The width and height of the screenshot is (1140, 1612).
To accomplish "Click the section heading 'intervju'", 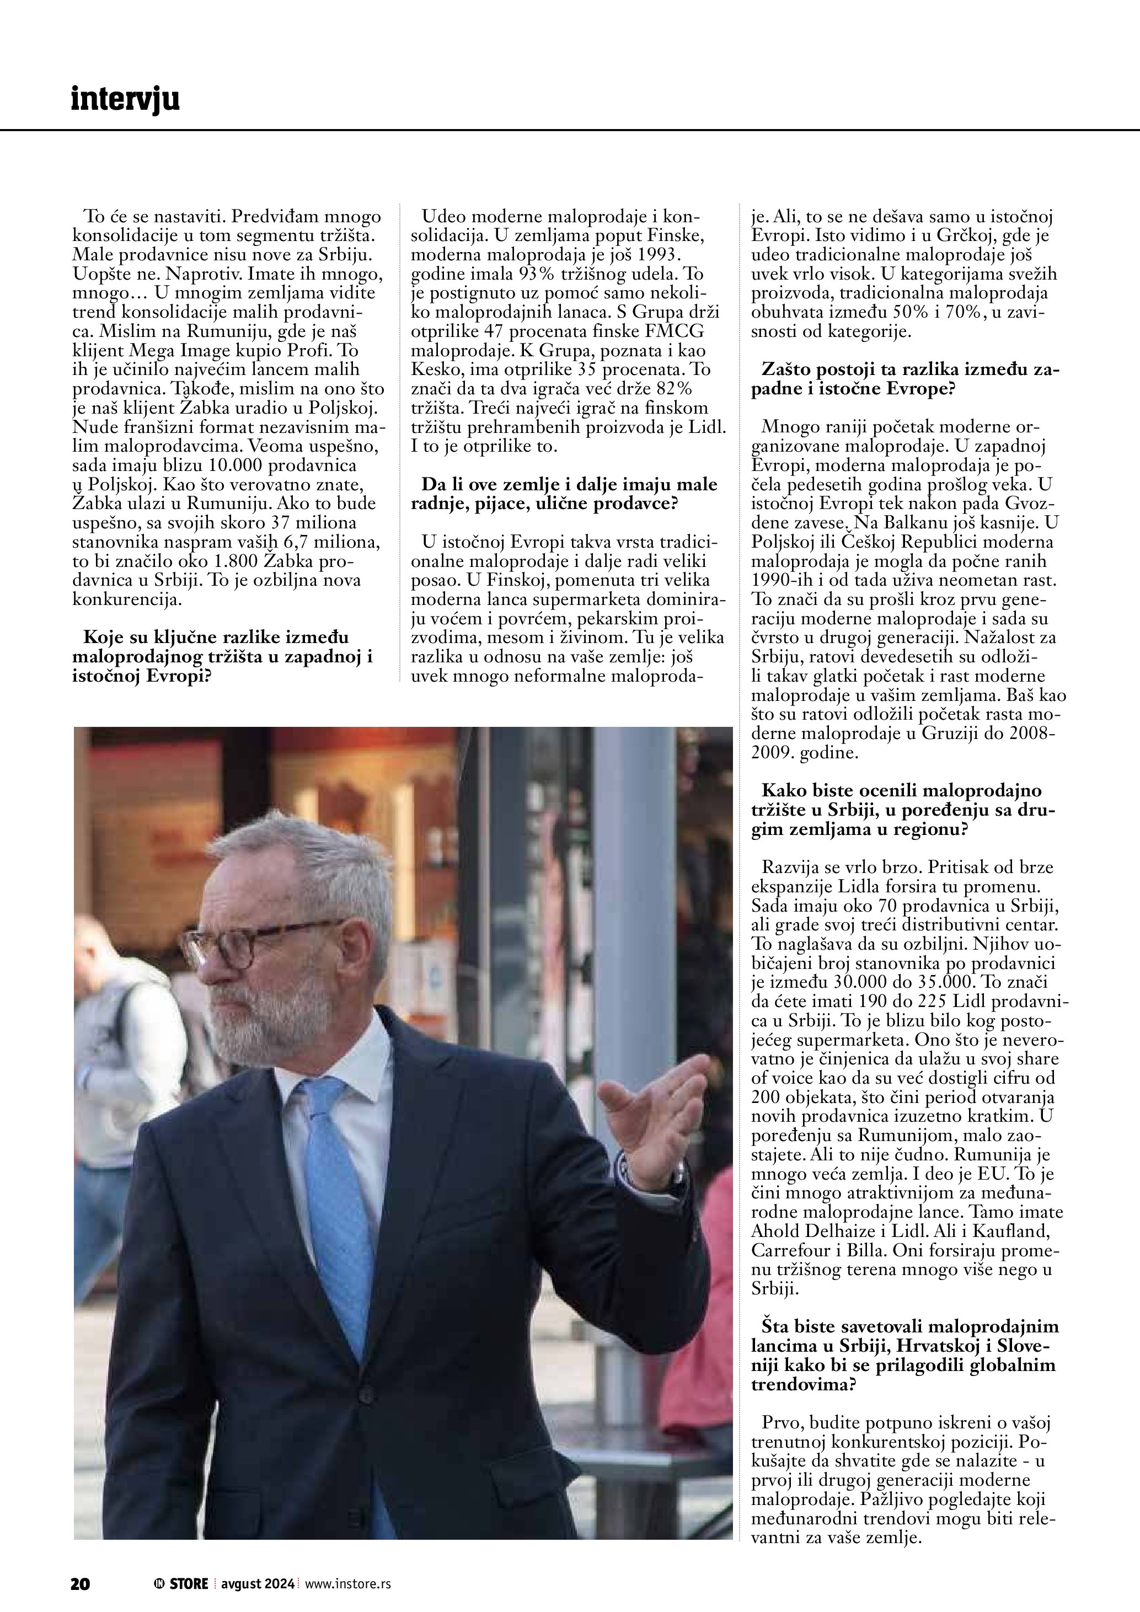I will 125,100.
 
